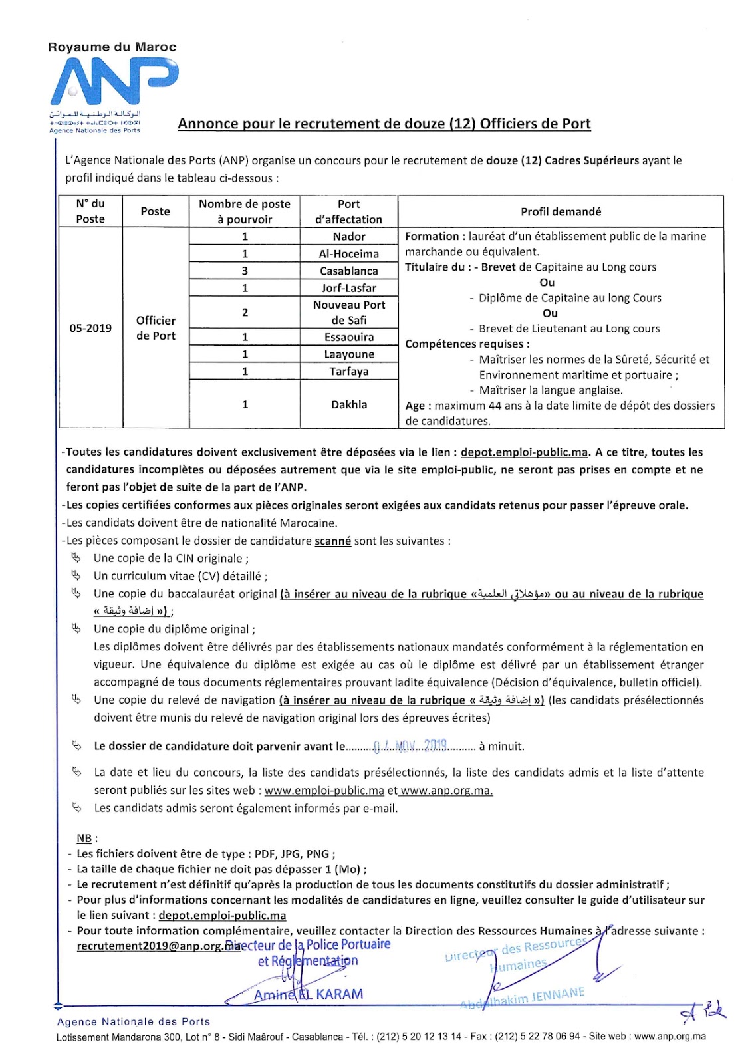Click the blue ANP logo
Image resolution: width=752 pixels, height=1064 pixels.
point(114,82)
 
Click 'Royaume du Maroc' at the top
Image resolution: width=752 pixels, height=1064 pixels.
point(112,47)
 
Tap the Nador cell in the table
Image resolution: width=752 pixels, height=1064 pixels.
point(349,237)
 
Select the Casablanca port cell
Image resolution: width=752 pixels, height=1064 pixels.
point(349,271)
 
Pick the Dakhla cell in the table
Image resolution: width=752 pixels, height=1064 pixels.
point(349,404)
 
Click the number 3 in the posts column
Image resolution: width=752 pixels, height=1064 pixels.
point(245,271)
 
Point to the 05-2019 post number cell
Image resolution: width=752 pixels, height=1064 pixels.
point(90,328)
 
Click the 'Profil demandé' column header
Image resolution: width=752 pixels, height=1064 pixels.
point(561,211)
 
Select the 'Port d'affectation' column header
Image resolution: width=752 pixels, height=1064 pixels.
point(349,211)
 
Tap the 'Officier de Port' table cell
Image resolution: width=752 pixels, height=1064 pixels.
point(156,328)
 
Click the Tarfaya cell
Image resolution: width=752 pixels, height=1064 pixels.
point(349,372)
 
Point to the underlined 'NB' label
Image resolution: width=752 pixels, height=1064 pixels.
point(84,839)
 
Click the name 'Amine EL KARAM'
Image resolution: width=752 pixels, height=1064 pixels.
point(309,994)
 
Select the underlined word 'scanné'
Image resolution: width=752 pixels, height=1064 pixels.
point(332,541)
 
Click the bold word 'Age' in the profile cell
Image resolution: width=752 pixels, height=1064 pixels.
point(415,406)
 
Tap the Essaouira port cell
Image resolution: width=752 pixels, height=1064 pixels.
point(349,338)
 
